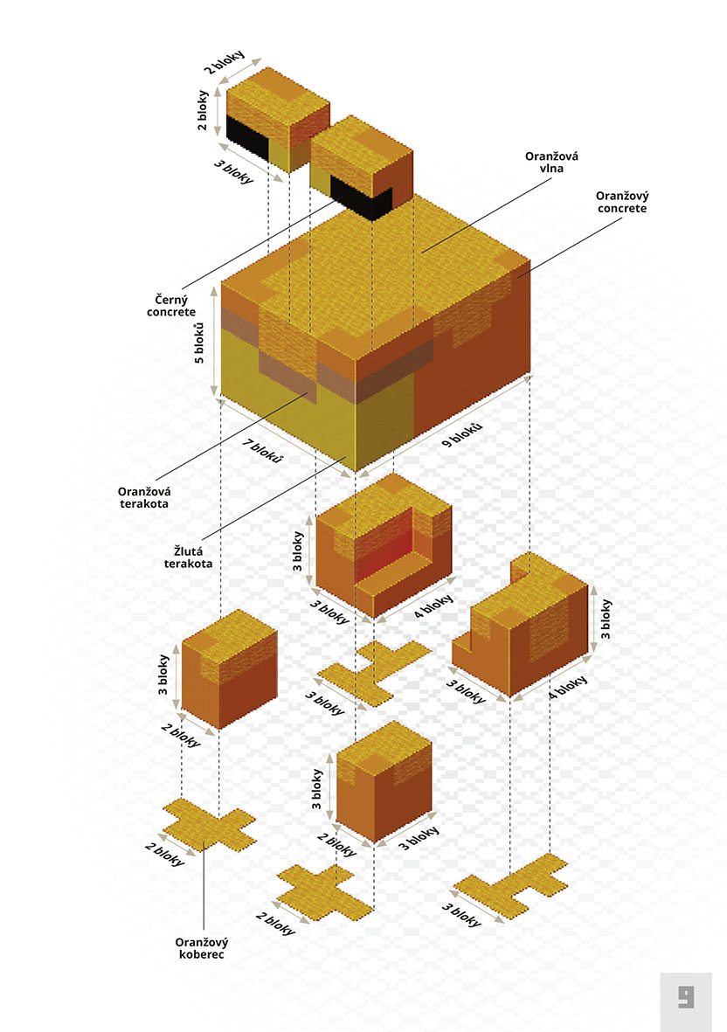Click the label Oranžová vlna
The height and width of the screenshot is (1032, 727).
(x=551, y=162)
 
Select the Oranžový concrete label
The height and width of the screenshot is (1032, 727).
(x=622, y=202)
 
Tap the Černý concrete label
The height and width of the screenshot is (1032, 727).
(x=171, y=306)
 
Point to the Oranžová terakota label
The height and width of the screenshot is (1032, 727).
(x=144, y=497)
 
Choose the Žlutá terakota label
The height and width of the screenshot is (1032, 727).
(x=188, y=558)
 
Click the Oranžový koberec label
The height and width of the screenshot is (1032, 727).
(x=201, y=948)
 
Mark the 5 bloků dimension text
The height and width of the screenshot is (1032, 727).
(x=198, y=343)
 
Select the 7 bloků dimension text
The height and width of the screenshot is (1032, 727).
(x=262, y=451)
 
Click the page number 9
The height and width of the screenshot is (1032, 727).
(x=686, y=997)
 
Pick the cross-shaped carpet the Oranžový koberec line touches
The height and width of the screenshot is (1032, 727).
(x=209, y=825)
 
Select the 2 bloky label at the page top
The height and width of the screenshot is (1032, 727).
(x=224, y=62)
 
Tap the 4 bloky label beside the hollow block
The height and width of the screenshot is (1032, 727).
(x=433, y=606)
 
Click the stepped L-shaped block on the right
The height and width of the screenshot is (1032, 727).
(x=520, y=626)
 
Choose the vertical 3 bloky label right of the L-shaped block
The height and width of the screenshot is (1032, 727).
(x=606, y=619)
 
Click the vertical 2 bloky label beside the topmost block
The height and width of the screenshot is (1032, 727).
(x=203, y=110)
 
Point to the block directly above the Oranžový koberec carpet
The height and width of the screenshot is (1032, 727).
(x=229, y=668)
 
